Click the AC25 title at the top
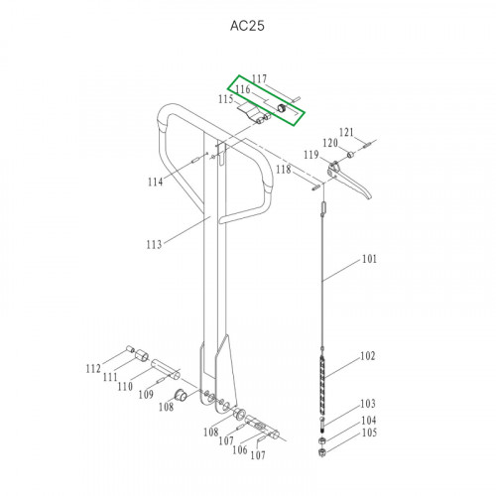coord(247,26)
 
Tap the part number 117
coord(259,78)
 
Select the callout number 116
coord(243,89)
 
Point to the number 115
coord(226,99)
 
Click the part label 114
coord(155,182)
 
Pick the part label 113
coord(154,245)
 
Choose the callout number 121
coord(346,133)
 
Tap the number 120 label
coord(330,143)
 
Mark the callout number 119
coord(311,155)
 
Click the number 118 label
coord(284,170)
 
